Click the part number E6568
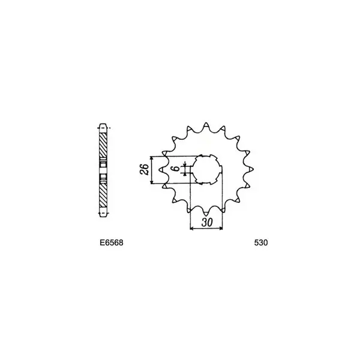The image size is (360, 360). click(112, 242)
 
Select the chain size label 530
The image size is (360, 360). click(261, 242)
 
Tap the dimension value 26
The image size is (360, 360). click(145, 169)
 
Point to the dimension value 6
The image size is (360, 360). click(176, 168)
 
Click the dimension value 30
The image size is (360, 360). click(207, 222)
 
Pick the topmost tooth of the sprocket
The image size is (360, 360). click(206, 125)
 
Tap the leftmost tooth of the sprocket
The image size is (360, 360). click(162, 169)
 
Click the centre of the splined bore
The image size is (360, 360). click(206, 170)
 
